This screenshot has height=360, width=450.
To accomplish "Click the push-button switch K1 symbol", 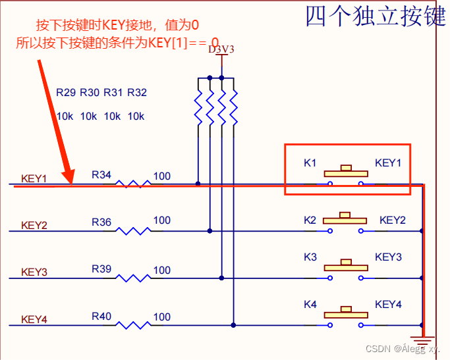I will (344, 174).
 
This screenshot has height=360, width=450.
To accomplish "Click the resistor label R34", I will (101, 174).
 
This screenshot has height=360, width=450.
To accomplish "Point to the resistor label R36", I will (101, 222).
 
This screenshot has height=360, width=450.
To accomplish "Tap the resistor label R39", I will (101, 269).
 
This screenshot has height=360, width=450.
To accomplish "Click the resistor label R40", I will (101, 317).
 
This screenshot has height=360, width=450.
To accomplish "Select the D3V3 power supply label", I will (221, 49).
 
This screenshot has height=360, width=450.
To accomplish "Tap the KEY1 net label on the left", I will (34, 178).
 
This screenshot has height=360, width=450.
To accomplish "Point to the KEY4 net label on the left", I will (34, 319).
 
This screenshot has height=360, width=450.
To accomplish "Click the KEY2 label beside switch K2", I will (393, 220).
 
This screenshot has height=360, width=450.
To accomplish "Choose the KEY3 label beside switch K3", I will (388, 257).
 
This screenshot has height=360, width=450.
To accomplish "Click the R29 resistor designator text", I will (66, 92).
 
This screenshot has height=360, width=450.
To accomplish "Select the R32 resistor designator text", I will (137, 92).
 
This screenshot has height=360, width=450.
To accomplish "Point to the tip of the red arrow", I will (69, 182).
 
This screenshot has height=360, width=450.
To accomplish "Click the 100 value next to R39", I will (162, 270).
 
